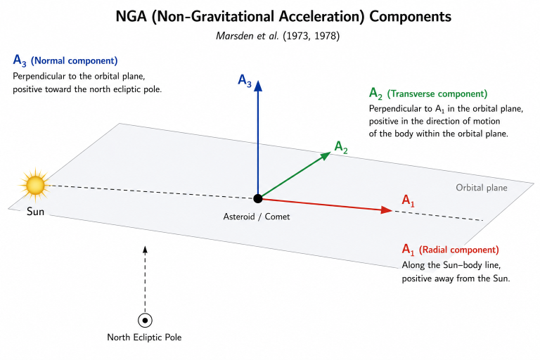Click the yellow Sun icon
[34, 186]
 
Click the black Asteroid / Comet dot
[257, 198]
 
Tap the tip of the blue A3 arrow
[258, 81]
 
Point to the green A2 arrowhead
[326, 155]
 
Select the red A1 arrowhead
[387, 210]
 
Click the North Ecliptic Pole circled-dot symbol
[145, 321]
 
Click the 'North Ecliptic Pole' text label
[144, 337]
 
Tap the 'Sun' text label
[35, 211]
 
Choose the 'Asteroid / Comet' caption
[257, 217]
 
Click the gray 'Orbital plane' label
[482, 188]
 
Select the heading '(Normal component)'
[75, 60]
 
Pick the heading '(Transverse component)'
[437, 94]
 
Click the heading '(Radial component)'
[458, 250]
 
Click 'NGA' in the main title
[131, 16]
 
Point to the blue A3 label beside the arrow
[245, 81]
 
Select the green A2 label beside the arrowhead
[341, 147]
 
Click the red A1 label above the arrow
[408, 200]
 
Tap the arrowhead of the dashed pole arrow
[145, 250]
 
